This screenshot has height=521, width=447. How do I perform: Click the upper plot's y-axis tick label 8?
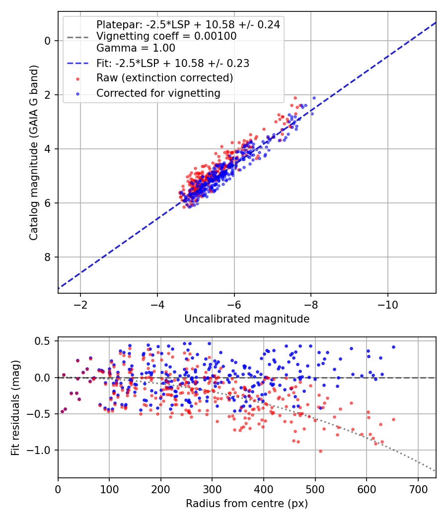[x=48, y=257]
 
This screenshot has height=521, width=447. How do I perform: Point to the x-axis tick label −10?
[x=387, y=304]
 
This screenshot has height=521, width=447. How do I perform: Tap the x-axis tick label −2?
[x=80, y=304]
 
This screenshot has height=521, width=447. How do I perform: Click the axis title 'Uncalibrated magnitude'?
[x=247, y=319]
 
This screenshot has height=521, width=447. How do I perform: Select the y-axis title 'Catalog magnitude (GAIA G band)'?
[x=34, y=152]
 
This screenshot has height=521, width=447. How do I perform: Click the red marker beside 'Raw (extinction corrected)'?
[x=78, y=79]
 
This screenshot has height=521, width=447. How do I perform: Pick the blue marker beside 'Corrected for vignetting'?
[x=78, y=94]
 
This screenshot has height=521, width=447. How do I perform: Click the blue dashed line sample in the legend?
[x=78, y=63]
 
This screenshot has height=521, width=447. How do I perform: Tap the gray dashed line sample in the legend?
[x=78, y=37]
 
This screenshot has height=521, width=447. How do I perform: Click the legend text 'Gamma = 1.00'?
[x=136, y=48]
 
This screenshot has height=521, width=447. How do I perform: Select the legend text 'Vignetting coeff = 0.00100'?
[x=166, y=36]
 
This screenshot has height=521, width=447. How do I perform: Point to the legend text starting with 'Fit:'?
[x=173, y=63]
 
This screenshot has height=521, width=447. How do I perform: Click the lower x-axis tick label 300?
[x=212, y=489]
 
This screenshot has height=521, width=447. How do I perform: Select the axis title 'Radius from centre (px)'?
[x=247, y=504]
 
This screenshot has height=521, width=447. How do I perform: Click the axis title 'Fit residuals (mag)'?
[x=15, y=408]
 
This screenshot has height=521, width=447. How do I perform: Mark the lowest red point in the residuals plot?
[x=321, y=451]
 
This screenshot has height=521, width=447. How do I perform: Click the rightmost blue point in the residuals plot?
[x=393, y=347]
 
